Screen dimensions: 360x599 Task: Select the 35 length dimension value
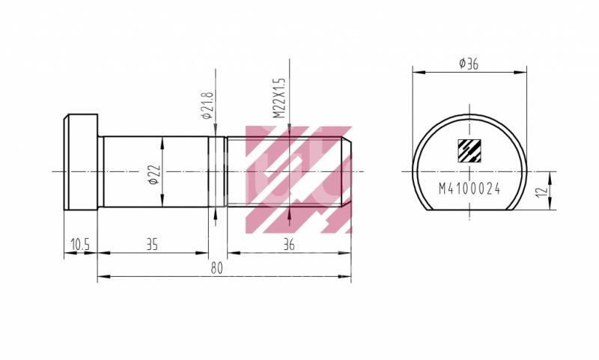click(x=152, y=244)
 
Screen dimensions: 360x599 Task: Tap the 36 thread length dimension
click(x=288, y=244)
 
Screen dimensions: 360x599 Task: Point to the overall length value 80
click(x=217, y=269)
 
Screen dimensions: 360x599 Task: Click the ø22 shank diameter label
click(x=152, y=174)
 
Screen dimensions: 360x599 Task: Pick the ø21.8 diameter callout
click(x=207, y=106)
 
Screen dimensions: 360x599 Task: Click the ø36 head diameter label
click(x=469, y=65)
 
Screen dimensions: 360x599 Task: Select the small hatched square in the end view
click(x=469, y=151)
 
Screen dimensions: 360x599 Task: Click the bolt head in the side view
click(x=81, y=162)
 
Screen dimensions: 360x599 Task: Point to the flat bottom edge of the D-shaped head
click(x=469, y=210)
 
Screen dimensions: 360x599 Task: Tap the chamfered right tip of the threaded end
click(x=348, y=171)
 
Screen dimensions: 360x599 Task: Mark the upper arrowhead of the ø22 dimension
click(x=162, y=140)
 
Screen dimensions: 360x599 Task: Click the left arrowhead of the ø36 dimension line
click(x=416, y=73)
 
